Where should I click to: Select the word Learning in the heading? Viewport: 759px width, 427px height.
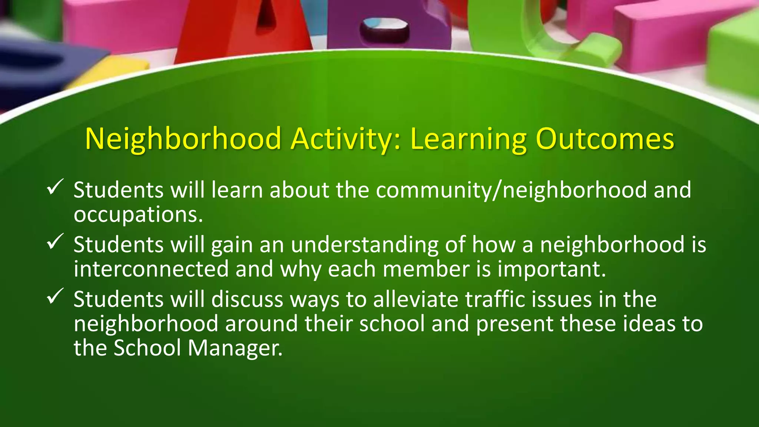(x=468, y=139)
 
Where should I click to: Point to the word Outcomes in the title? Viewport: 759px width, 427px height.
(x=605, y=139)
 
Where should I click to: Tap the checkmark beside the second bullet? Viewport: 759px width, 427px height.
(x=55, y=241)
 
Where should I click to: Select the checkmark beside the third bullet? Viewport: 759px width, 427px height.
(x=55, y=296)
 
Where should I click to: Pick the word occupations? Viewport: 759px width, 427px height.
(x=138, y=215)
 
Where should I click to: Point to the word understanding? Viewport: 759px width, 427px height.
(x=365, y=245)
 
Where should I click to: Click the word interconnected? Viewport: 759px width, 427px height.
(x=151, y=269)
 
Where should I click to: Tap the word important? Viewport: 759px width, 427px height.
(x=551, y=269)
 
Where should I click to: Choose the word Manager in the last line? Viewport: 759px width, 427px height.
(x=235, y=348)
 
